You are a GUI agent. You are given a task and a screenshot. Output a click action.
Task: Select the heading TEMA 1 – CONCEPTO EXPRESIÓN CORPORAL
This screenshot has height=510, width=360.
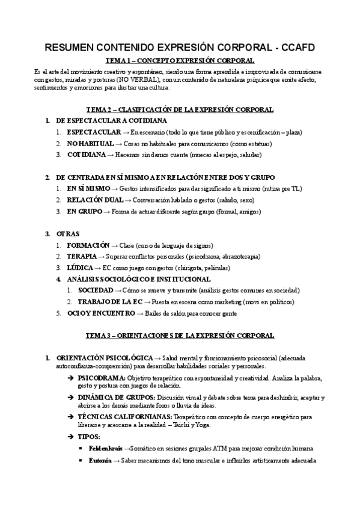coord(180,61)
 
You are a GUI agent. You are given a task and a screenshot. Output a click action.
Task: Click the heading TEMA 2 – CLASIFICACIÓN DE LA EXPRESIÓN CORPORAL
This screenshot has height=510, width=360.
coord(180,109)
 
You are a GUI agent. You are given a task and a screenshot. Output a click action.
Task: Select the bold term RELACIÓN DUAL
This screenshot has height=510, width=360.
coord(91,200)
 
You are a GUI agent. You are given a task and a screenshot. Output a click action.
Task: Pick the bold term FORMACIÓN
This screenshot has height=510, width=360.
coord(88,245)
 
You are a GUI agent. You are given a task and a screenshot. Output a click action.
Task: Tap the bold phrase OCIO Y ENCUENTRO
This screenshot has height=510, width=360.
coord(101,313)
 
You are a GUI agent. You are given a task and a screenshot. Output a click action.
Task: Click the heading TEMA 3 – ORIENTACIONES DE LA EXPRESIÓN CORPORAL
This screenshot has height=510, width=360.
coord(180,336)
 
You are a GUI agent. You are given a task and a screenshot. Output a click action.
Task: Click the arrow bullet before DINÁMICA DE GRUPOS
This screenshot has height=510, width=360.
coord(71,398)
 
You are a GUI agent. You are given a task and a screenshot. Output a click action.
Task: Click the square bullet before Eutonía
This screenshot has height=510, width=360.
coord(82,461)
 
